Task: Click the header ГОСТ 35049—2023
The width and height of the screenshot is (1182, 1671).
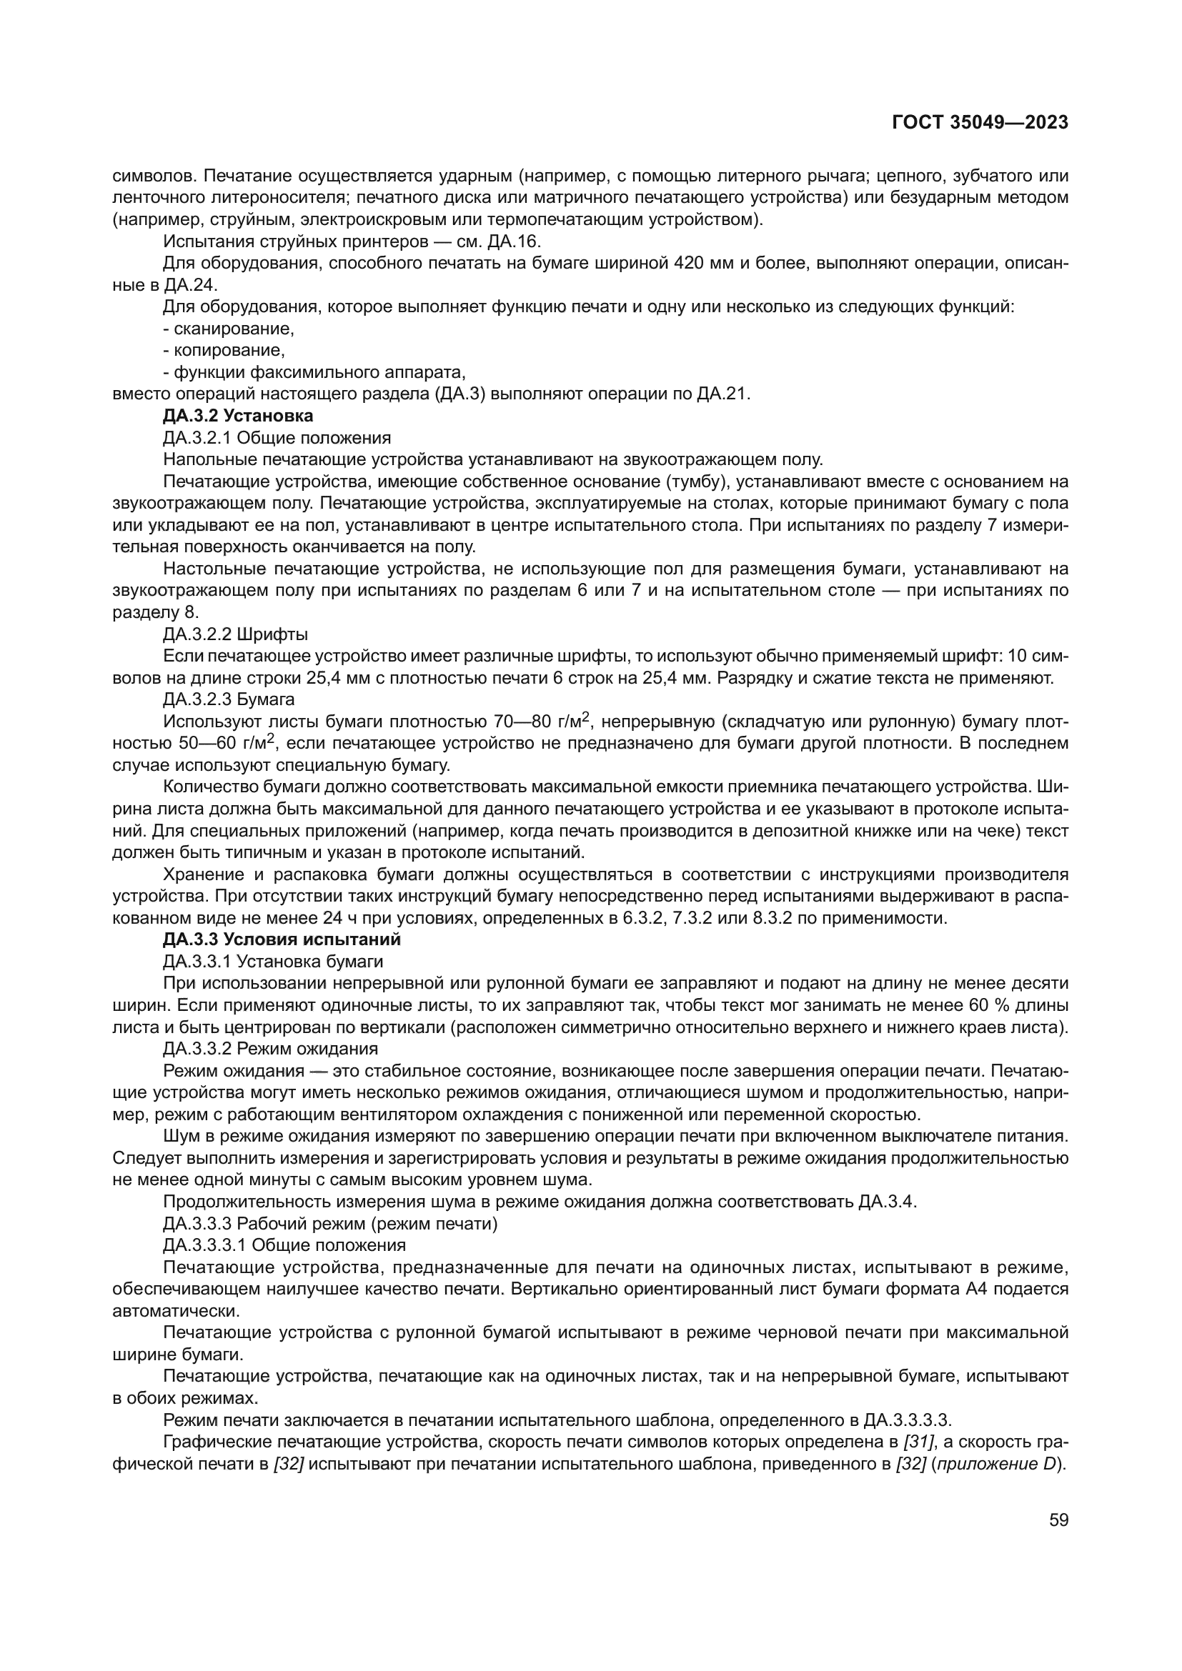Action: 980,122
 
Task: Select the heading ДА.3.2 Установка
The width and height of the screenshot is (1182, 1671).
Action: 238,416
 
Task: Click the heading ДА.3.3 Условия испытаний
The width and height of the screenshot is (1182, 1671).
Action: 282,939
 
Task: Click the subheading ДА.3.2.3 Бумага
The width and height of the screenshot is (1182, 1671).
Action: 229,699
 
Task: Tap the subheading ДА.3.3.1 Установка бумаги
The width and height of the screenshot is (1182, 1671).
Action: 273,962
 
